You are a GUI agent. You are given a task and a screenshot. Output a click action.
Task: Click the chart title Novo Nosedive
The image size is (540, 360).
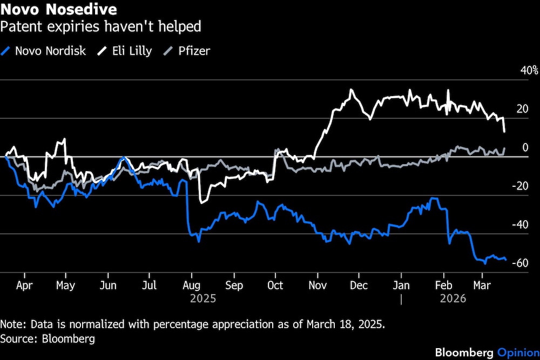[x=58, y=10]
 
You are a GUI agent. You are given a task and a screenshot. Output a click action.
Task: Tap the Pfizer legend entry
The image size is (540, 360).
[x=188, y=51]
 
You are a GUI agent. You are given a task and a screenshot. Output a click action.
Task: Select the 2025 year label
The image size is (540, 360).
[x=202, y=298]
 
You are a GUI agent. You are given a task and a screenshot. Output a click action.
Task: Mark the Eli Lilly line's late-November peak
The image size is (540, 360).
[x=352, y=90]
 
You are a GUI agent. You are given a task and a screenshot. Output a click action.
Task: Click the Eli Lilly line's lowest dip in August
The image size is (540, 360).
[x=201, y=202]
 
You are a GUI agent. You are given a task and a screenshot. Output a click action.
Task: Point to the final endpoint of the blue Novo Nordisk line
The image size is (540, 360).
[x=505, y=260]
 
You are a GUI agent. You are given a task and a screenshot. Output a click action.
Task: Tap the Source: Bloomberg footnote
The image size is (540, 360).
[x=48, y=339]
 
